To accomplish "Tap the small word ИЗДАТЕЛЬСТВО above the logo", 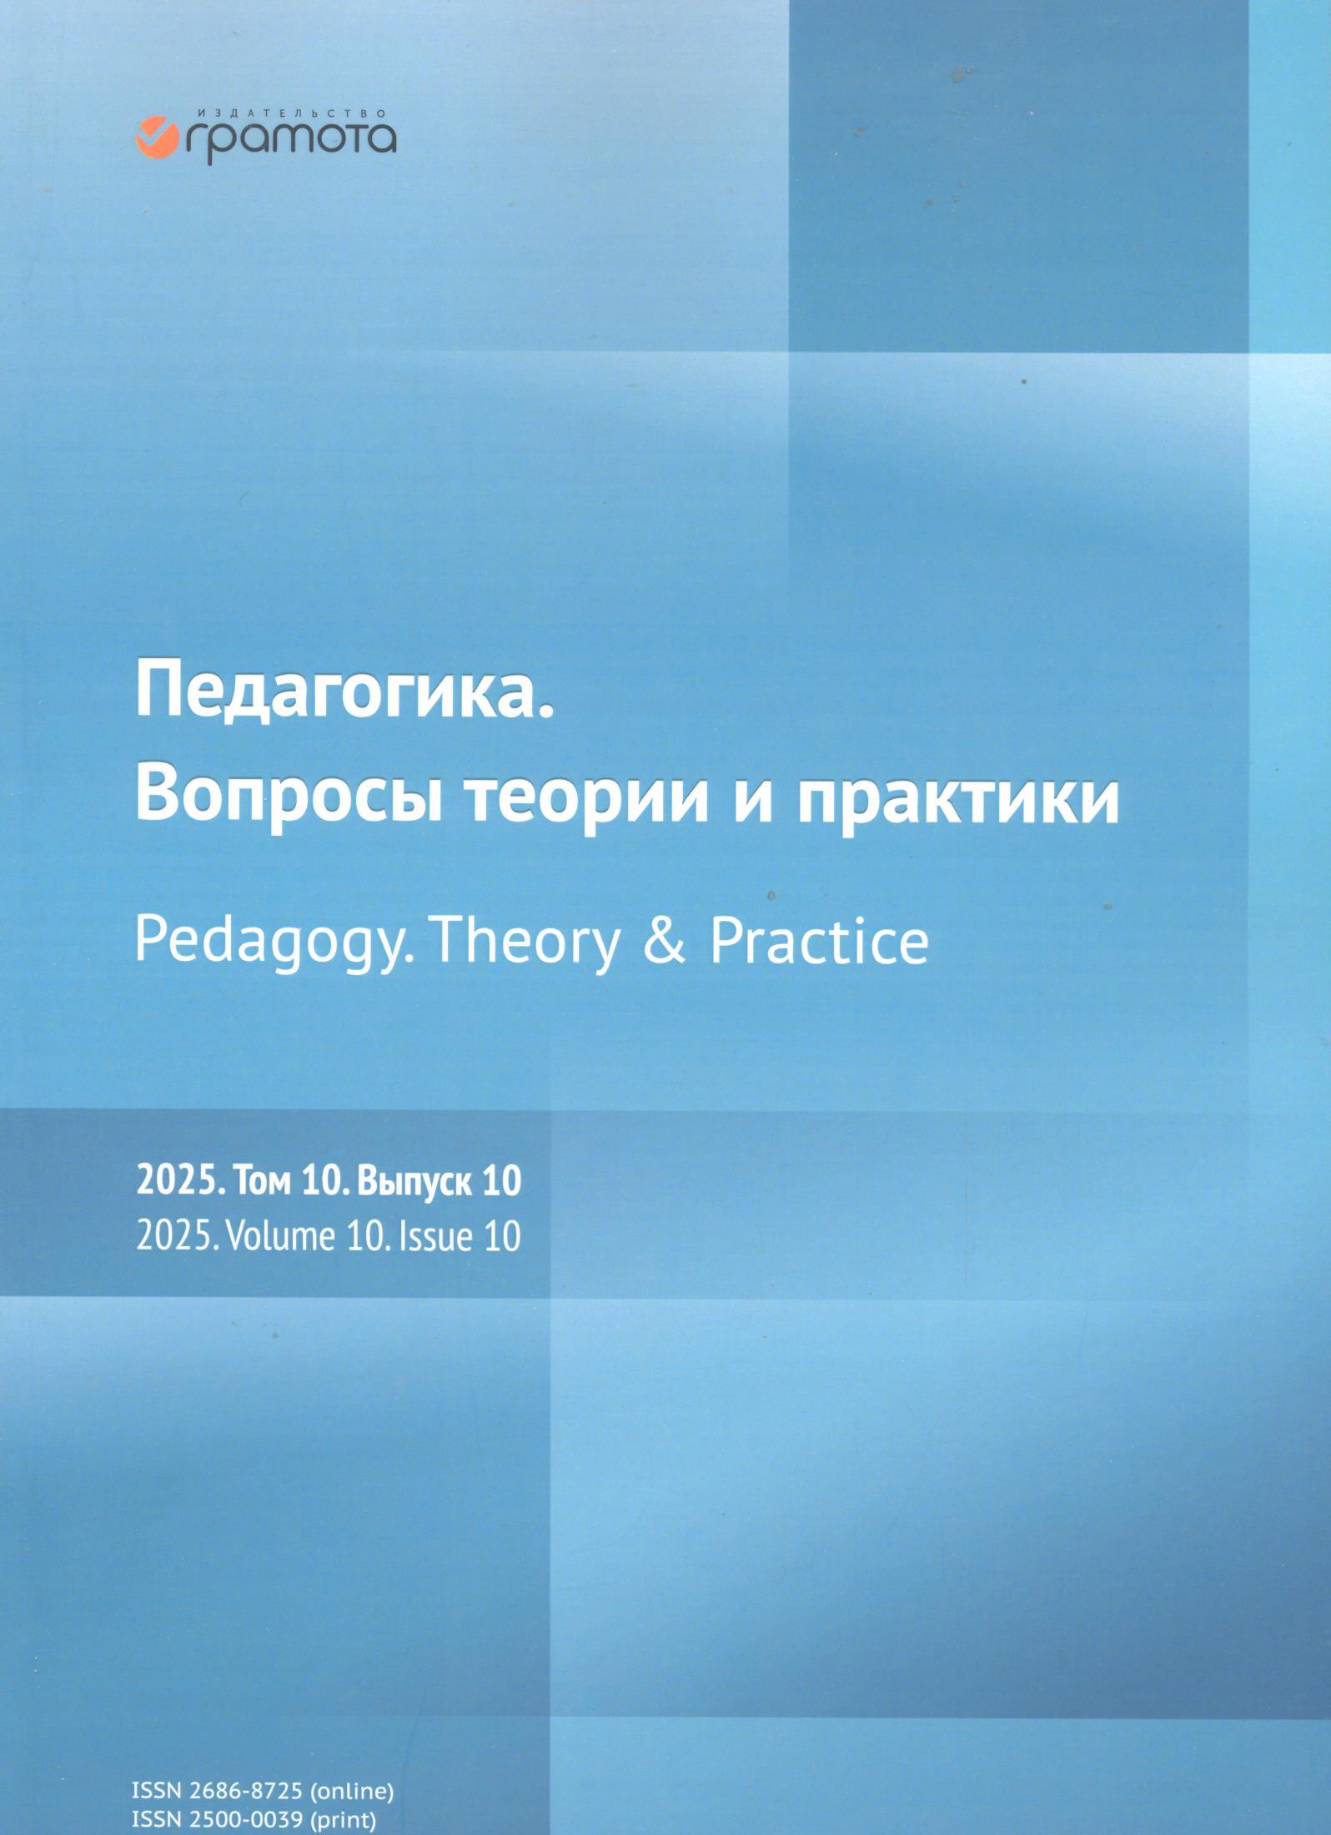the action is tap(292, 111).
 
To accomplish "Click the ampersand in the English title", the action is tap(665, 942).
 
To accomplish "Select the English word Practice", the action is tap(820, 942).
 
